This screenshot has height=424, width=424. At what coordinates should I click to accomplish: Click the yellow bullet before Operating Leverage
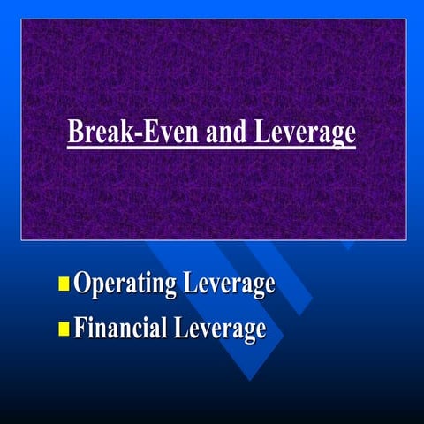pyautogui.click(x=64, y=284)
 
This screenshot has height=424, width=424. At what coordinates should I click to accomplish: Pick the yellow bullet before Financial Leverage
pyautogui.click(x=64, y=329)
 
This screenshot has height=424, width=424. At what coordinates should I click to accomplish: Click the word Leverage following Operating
pyautogui.click(x=229, y=285)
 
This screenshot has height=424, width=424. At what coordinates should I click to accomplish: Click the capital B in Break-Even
pyautogui.click(x=75, y=132)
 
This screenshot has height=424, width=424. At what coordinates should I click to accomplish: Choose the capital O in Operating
pyautogui.click(x=82, y=284)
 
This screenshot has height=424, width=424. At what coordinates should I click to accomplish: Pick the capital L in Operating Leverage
pyautogui.click(x=187, y=284)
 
